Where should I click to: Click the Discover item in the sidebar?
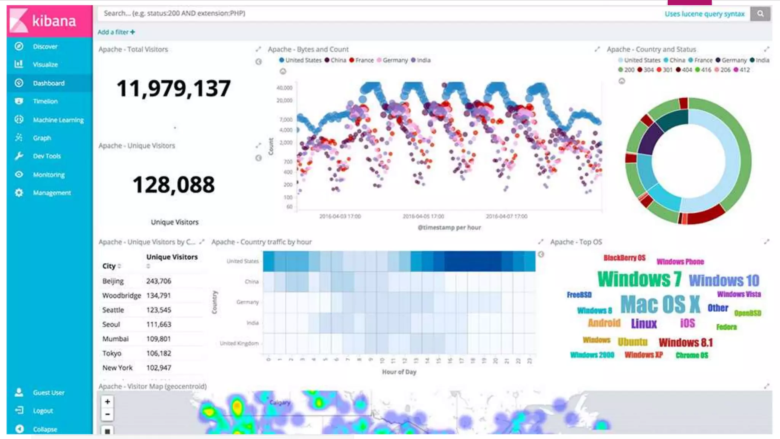45,46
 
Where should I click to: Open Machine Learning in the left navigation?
58,120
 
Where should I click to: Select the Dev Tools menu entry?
46,156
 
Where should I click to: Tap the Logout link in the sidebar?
43,411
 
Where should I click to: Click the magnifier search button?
760,14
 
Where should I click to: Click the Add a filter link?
116,32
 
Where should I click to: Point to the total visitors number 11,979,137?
174,88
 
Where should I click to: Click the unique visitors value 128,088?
174,185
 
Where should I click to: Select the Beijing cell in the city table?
113,281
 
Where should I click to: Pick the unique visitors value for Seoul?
159,325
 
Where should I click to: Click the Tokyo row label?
112,354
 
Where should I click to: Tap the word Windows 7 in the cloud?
639,279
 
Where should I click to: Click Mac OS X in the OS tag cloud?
660,304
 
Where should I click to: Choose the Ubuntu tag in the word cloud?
632,342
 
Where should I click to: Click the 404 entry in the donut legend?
684,70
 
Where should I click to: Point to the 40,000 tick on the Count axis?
285,88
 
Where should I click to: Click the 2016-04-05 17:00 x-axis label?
423,216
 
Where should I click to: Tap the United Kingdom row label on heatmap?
239,343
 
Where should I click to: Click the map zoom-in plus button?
107,402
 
